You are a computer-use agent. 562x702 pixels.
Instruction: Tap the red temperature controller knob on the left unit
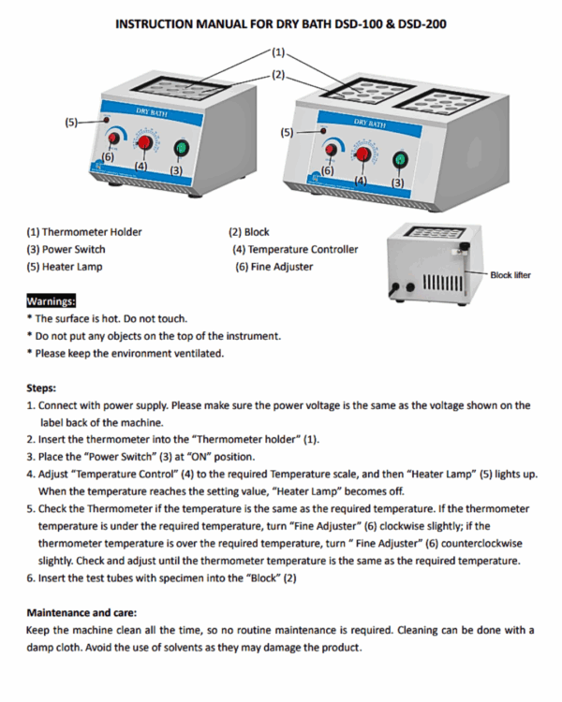[146, 142]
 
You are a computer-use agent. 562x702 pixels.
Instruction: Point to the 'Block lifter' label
[510, 275]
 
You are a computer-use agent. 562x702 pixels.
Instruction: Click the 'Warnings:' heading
[52, 301]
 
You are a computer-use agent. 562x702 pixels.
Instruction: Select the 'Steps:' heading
[41, 387]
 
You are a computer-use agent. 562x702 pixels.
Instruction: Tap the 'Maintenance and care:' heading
[85, 611]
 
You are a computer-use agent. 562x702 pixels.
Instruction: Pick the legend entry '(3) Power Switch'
[66, 249]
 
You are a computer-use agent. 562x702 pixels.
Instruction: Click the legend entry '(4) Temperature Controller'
[295, 249]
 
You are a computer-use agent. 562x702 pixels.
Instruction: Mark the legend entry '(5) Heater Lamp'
[65, 267]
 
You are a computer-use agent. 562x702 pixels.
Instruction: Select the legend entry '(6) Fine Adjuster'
[274, 267]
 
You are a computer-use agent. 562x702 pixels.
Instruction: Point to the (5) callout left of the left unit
[72, 122]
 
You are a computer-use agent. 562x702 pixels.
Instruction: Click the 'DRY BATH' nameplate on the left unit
[150, 110]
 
